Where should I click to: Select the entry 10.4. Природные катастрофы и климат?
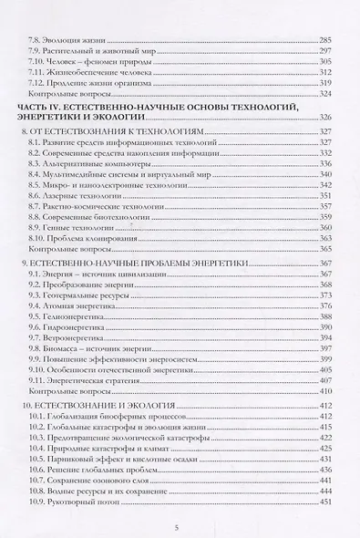tap(91, 450)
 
